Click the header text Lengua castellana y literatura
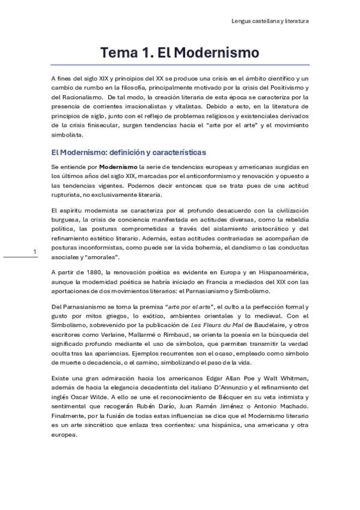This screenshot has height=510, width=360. point(270,21)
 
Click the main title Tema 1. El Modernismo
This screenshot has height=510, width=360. point(180,52)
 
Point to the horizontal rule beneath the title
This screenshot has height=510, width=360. point(180,65)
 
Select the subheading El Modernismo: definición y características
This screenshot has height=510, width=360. point(129,152)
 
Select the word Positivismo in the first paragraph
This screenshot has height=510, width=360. point(282,88)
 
